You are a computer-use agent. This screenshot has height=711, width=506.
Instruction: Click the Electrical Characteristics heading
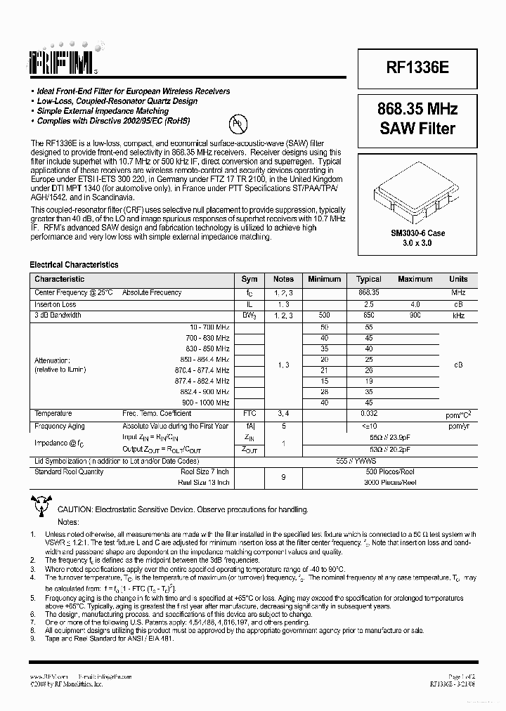click(x=74, y=265)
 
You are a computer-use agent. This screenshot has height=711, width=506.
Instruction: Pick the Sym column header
click(x=249, y=279)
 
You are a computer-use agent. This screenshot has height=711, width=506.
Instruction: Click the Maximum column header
click(x=415, y=279)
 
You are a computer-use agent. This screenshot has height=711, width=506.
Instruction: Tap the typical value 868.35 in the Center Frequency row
click(x=368, y=292)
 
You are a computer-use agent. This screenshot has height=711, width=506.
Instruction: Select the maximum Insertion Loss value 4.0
click(x=415, y=304)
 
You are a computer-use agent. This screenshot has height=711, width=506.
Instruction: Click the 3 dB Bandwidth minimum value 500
click(x=324, y=315)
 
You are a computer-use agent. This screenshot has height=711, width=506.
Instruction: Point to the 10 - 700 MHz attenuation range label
click(x=209, y=327)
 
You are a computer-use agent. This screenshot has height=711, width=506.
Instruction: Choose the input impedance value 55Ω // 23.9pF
click(x=368, y=436)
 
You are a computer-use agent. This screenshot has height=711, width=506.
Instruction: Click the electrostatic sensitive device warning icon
click(x=40, y=504)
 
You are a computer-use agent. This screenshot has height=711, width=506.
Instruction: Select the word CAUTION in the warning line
click(x=75, y=509)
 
